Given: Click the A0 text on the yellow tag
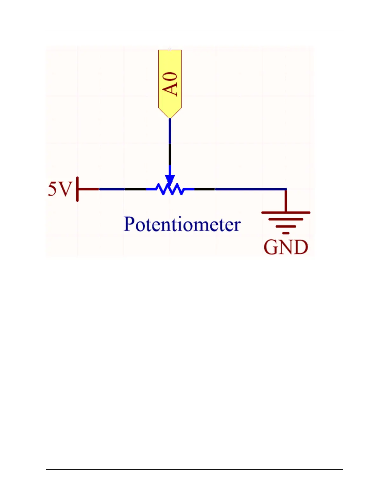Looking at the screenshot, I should click(170, 84).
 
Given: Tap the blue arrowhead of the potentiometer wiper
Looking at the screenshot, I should click(170, 180).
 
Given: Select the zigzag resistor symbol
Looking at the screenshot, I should click(170, 189).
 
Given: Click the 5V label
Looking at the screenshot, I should click(60, 189).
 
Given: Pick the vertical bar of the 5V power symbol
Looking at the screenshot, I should click(77, 189).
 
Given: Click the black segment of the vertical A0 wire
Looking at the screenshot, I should click(170, 154).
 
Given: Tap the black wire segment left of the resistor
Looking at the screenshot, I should click(135, 189).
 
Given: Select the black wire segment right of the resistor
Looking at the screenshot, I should click(204, 189).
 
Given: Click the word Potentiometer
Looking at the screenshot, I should click(182, 224).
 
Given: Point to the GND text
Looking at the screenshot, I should click(286, 247).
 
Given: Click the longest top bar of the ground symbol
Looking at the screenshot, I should click(286, 212).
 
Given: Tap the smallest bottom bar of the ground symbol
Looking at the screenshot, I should click(286, 233).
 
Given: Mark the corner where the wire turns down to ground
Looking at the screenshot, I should click(286, 189).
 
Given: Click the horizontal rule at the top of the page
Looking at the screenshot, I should click(194, 30).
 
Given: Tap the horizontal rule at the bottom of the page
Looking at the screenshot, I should click(194, 469).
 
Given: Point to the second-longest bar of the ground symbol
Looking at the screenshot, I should click(286, 219).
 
